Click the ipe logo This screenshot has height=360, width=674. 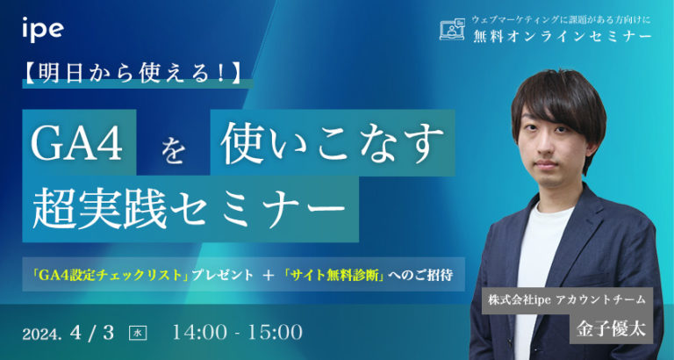tap(42, 28)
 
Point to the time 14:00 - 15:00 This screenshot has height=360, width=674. tap(238, 333)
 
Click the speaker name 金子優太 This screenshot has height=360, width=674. tap(578, 328)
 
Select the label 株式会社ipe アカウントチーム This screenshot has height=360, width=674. tap(568, 299)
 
